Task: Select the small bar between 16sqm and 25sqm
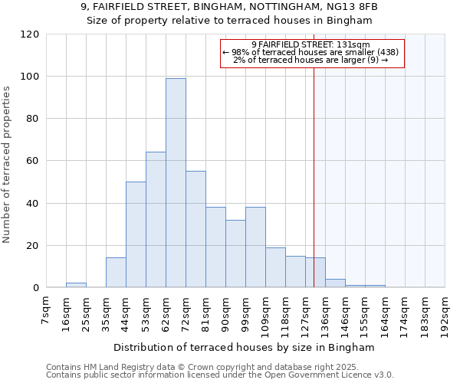coord(76,286)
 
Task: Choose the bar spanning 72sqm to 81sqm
coord(195,229)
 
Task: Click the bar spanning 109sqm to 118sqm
coord(275,267)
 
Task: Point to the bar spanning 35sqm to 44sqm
coord(116,273)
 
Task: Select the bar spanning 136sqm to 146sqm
coord(335,283)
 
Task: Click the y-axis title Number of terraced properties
coord(7,165)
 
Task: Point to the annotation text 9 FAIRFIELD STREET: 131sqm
coord(310,44)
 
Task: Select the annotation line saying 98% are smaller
coord(310,52)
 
